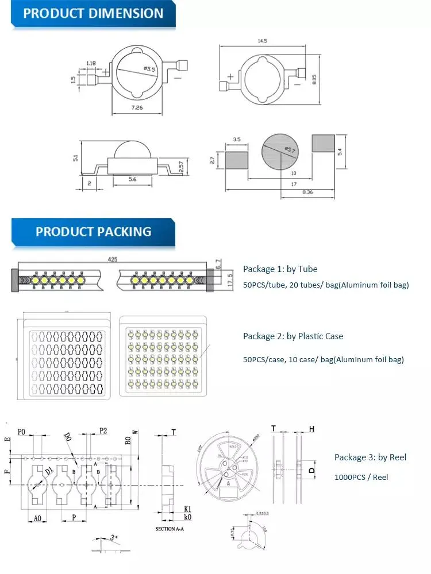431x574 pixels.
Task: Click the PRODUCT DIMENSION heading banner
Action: (x=93, y=14)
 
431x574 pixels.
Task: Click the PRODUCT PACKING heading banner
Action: (x=93, y=231)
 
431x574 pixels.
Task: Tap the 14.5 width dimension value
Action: (x=263, y=41)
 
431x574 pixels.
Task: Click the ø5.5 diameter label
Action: (x=149, y=69)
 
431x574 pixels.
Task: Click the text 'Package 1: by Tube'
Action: (x=280, y=269)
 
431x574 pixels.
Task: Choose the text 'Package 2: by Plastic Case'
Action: (x=293, y=336)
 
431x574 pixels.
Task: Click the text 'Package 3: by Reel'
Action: (x=370, y=457)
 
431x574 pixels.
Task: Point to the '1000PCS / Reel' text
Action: (x=361, y=477)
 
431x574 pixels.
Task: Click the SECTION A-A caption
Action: (x=174, y=528)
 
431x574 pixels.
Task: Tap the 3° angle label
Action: (x=114, y=538)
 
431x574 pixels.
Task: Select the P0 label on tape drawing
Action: (x=22, y=431)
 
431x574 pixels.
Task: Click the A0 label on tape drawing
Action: (x=37, y=518)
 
